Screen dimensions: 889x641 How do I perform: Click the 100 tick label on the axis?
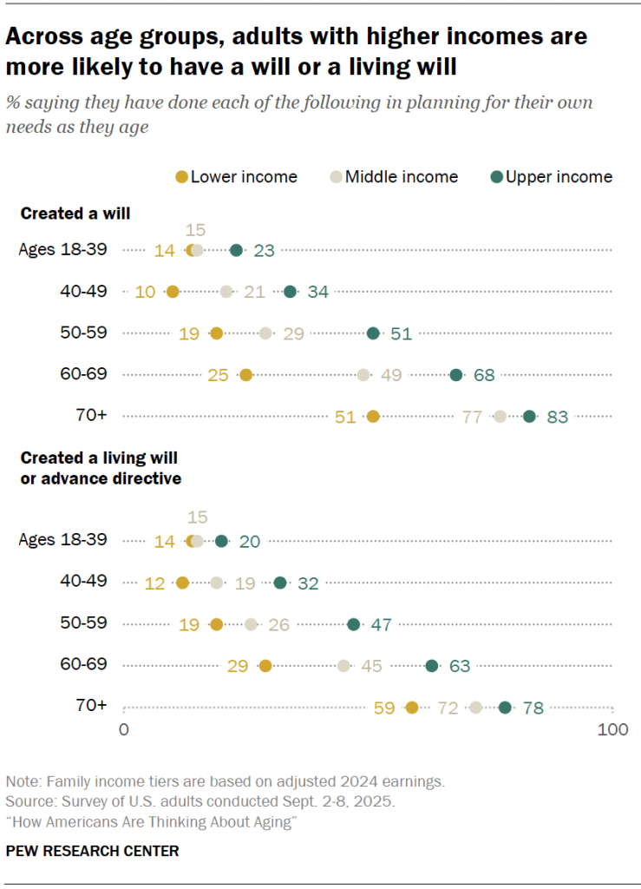coord(613,730)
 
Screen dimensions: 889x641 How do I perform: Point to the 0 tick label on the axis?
coord(124,730)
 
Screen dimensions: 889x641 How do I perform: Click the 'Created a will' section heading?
coord(75,214)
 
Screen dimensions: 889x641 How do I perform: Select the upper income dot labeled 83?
coord(529,417)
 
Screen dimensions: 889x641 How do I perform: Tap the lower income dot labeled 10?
coord(173,292)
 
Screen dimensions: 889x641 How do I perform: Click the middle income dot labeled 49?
coord(363,375)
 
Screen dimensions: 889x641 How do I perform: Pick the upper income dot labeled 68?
coord(456,375)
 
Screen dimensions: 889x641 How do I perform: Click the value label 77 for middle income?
coord(472,417)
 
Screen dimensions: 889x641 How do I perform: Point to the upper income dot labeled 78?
coord(505,708)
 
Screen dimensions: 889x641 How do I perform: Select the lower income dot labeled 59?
coord(412,708)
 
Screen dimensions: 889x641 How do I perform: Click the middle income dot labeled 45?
coord(343,666)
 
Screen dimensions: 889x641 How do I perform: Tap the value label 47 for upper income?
coord(382,624)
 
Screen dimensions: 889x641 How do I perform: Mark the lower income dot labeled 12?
coord(182,583)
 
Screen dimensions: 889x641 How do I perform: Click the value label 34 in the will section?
coord(317,292)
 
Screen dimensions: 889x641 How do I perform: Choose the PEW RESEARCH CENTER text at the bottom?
coord(92,851)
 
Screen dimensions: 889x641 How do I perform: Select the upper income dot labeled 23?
coord(236,250)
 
